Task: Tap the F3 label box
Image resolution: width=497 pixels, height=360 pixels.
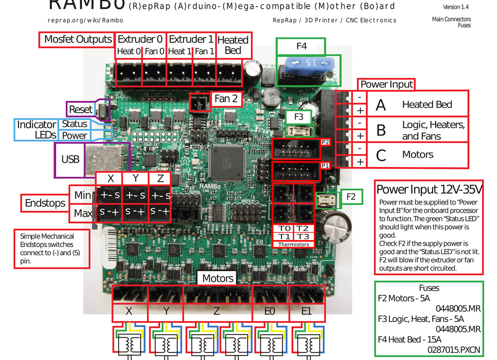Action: click(x=299, y=117)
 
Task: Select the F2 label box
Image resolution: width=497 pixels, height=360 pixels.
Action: click(x=351, y=196)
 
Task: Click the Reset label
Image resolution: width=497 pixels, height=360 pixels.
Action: click(x=80, y=109)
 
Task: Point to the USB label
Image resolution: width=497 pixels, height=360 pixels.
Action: click(x=70, y=159)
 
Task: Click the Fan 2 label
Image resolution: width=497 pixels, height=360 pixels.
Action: click(x=226, y=99)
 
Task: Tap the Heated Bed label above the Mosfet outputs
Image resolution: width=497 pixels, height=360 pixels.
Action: click(x=232, y=45)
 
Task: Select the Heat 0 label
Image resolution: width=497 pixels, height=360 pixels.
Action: click(x=129, y=51)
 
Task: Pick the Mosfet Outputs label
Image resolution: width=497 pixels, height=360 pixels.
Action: click(x=78, y=39)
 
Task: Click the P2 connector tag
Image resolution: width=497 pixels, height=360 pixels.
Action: click(x=325, y=142)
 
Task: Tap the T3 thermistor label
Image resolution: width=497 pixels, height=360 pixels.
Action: click(x=303, y=237)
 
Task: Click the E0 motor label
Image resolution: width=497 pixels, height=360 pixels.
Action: click(x=270, y=312)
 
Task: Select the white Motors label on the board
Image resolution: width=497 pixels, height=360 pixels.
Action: click(x=218, y=278)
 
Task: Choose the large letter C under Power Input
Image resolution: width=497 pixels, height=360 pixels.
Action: click(x=381, y=156)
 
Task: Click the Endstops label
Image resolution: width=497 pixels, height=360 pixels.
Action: click(x=45, y=203)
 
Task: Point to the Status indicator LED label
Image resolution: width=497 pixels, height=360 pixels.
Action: click(x=74, y=124)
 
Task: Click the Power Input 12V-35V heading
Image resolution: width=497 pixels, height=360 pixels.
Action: click(x=429, y=189)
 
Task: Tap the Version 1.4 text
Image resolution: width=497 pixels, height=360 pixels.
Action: click(x=456, y=7)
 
